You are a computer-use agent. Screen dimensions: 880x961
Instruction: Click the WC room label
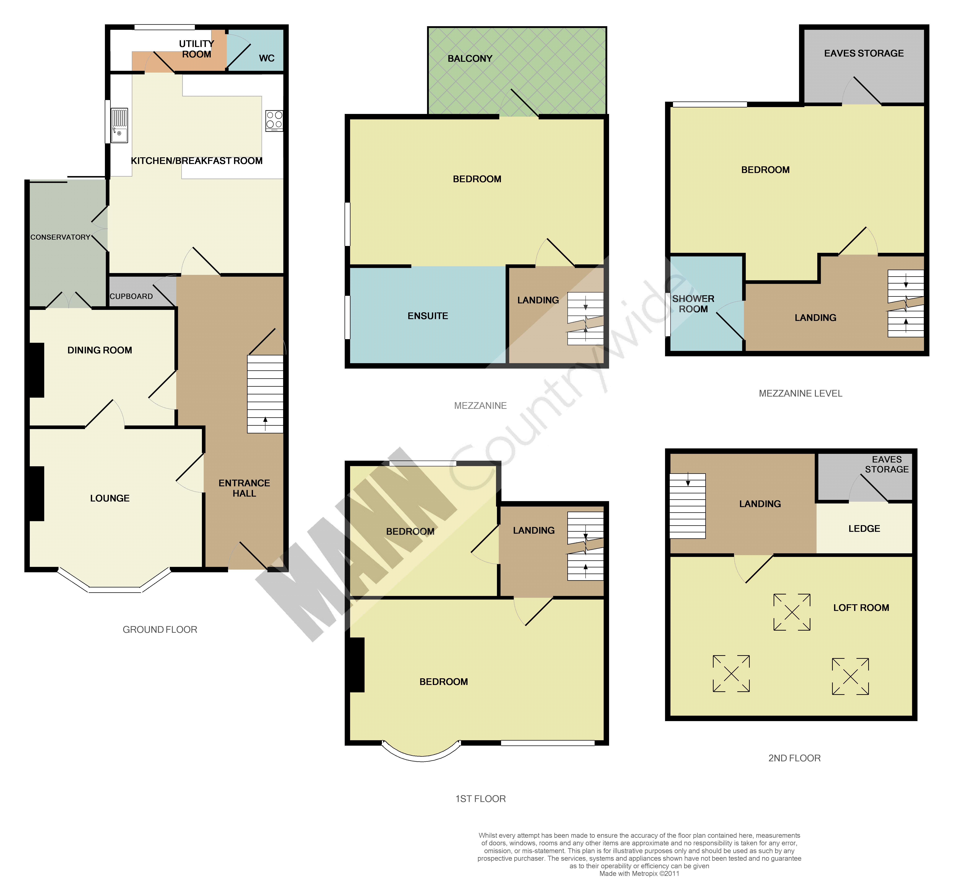coord(267,58)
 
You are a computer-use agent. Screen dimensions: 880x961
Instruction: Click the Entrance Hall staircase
coord(265,394)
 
